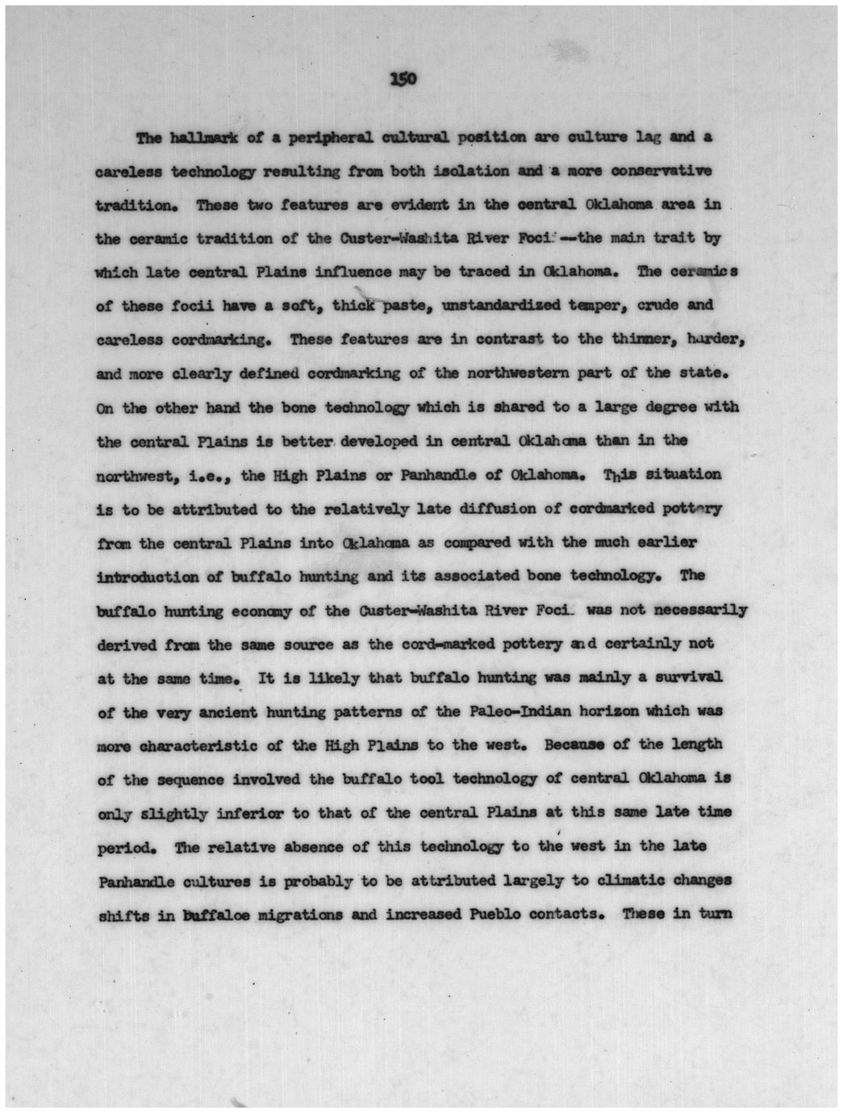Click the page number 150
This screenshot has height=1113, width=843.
coord(402,78)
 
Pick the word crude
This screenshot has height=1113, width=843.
coord(661,306)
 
